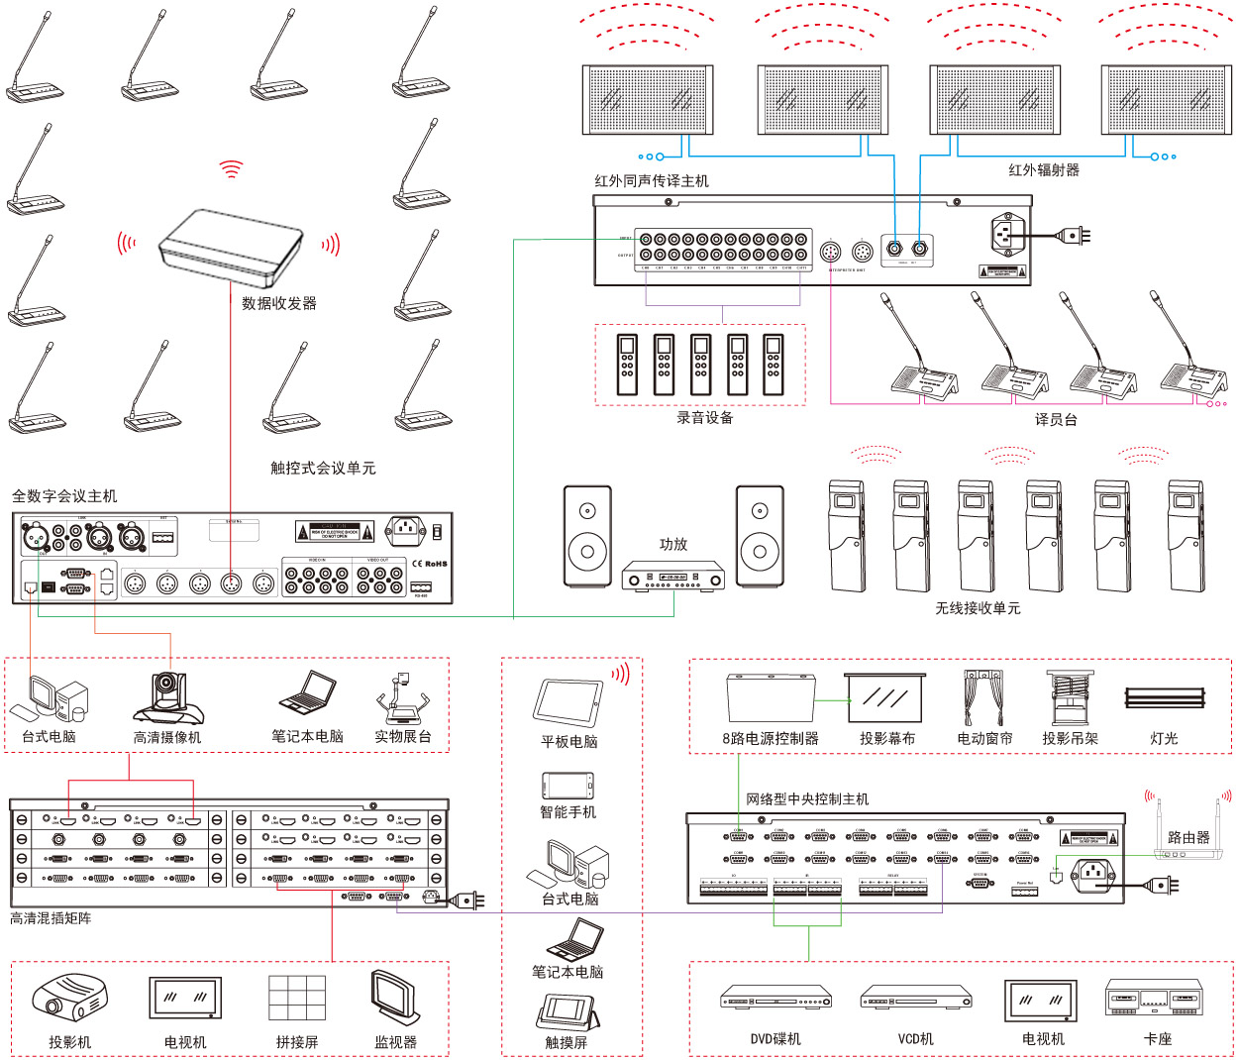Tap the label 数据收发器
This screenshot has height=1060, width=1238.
[x=279, y=303]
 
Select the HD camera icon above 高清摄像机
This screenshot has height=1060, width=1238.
[x=167, y=698]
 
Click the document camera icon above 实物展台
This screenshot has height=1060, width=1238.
[x=402, y=698]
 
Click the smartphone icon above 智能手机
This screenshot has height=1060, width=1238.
[x=567, y=786]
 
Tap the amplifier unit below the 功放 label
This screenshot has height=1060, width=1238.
[x=672, y=576]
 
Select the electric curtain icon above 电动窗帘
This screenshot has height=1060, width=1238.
[x=983, y=697]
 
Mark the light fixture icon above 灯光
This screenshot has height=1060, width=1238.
[x=1165, y=697]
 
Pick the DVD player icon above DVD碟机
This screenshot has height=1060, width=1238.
[x=775, y=998]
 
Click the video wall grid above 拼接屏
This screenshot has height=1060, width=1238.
[x=297, y=999]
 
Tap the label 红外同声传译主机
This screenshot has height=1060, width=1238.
[x=652, y=181]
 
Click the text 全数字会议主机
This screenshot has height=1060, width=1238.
[x=64, y=495]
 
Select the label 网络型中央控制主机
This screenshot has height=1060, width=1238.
[x=807, y=799]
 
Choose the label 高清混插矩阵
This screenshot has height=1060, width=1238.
[x=51, y=918]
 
